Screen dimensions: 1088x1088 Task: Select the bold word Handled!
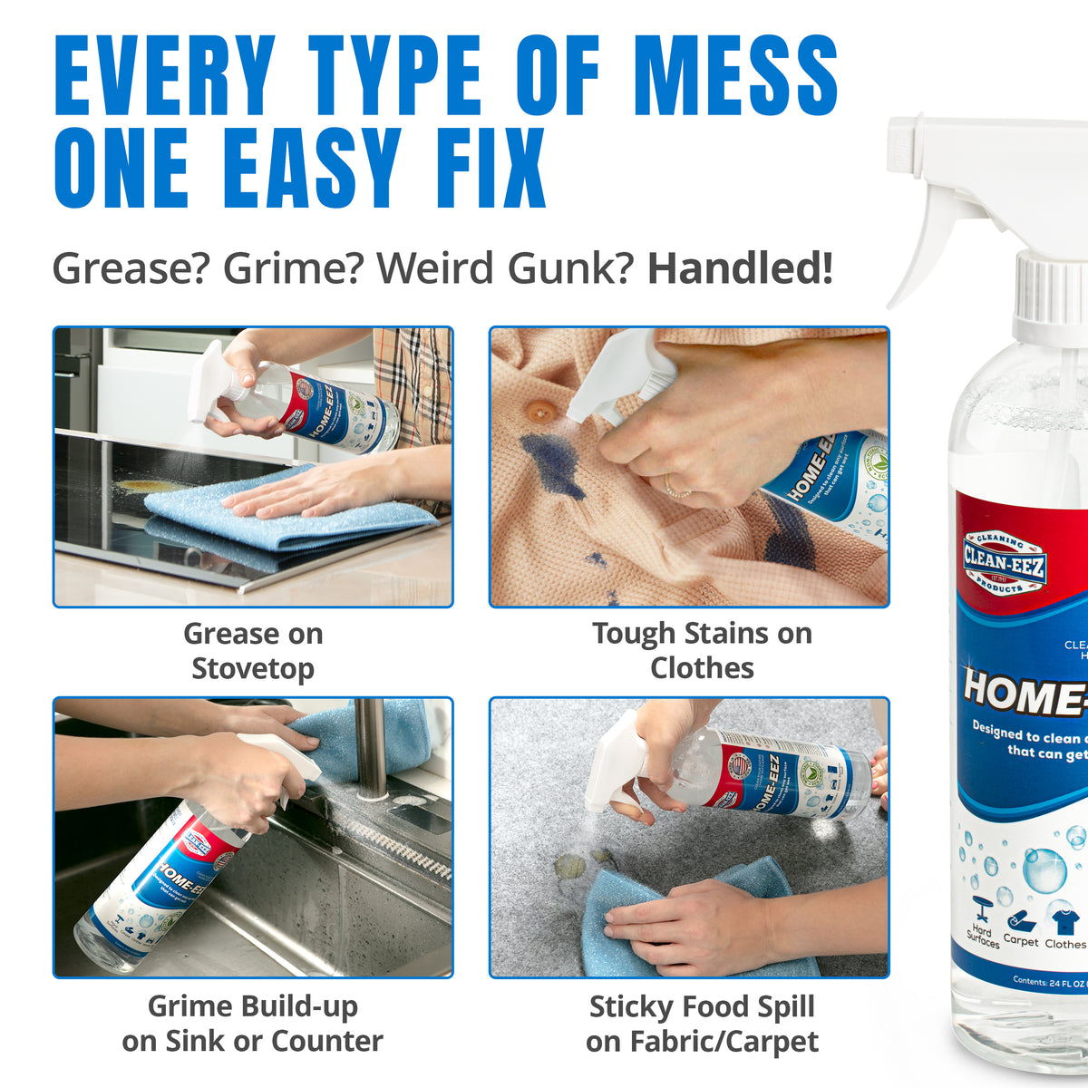point(739,268)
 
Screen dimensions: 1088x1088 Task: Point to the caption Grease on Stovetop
point(253,650)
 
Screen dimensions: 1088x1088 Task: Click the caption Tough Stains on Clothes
point(702,650)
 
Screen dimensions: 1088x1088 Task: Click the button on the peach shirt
point(542,412)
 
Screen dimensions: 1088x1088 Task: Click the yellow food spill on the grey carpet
point(576,868)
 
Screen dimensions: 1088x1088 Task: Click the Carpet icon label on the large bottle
point(1020,941)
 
